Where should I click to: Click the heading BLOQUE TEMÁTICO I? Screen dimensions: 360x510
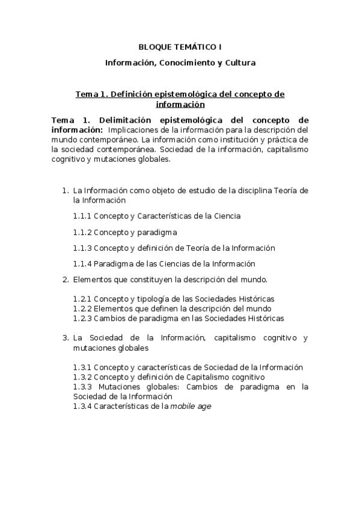click(x=180, y=46)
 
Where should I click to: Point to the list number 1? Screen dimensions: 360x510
click(x=65, y=191)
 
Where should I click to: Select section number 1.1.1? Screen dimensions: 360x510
click(x=82, y=216)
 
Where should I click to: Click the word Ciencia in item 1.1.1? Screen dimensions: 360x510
click(x=228, y=216)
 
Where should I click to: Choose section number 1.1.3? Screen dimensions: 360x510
click(x=82, y=248)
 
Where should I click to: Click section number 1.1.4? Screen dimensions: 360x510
click(x=82, y=263)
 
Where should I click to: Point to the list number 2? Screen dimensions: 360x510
click(x=65, y=280)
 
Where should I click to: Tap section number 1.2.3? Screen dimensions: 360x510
click(x=82, y=318)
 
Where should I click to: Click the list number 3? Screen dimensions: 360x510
click(x=65, y=338)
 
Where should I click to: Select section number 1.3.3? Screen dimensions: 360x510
click(x=82, y=387)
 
